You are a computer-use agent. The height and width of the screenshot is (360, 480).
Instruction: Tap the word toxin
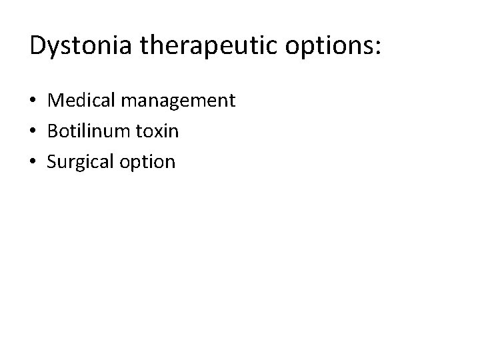coord(159,131)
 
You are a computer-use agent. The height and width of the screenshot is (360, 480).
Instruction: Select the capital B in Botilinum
coord(53,131)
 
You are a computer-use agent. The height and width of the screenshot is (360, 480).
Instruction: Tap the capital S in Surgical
coord(52,162)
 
